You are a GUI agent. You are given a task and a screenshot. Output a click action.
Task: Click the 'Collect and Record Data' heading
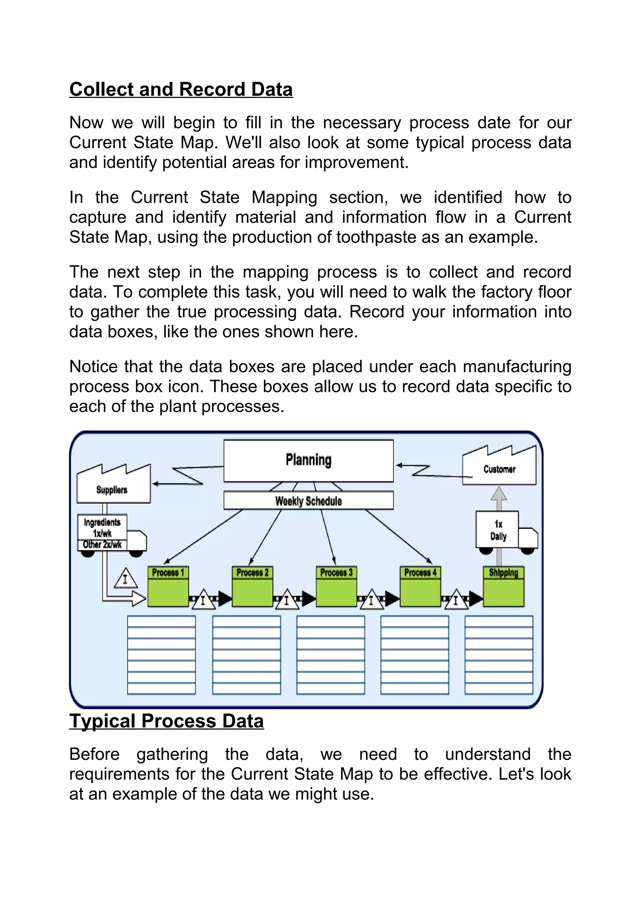181,89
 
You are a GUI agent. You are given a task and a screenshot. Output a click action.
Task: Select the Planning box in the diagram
309,461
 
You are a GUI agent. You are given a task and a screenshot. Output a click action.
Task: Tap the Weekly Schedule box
309,501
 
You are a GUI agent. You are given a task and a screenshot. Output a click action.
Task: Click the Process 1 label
168,572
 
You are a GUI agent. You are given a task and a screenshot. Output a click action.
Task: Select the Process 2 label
252,572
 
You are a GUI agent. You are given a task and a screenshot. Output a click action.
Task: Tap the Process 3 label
336,572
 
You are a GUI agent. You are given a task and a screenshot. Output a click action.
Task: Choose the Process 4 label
420,572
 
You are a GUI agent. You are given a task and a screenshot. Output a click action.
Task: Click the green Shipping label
504,572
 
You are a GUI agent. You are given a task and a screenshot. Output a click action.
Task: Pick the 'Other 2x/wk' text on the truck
102,545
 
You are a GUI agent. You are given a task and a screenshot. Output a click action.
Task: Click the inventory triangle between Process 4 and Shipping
456,600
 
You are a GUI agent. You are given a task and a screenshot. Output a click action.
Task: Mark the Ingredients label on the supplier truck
102,523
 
